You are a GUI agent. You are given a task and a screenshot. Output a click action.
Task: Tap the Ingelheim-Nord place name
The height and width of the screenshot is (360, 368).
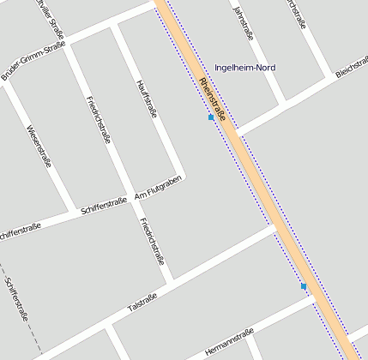(x=245, y=67)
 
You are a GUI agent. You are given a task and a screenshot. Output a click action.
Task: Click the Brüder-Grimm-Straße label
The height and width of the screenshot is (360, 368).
(x=33, y=62)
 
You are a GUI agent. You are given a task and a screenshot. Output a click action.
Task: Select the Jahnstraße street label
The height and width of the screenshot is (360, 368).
(x=244, y=24)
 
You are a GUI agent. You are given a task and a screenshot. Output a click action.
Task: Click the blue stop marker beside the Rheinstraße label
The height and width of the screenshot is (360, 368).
(x=211, y=117)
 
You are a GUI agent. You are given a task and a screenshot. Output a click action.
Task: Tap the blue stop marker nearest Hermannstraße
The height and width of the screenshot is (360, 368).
(x=304, y=286)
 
